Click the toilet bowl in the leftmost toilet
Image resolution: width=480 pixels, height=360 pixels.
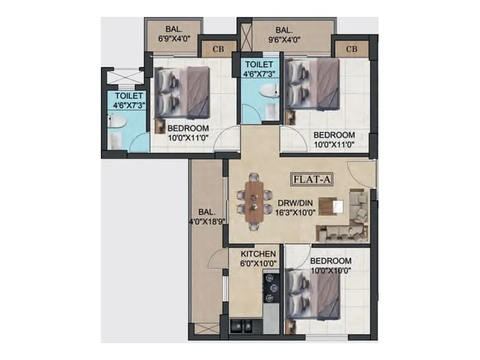click(x=116, y=122)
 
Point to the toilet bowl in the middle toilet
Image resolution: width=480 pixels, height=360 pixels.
click(x=269, y=91)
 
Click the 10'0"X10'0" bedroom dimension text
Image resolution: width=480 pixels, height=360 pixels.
click(x=331, y=271)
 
